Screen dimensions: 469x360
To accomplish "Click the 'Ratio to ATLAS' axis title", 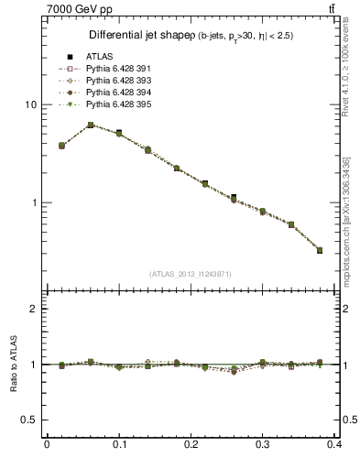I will tap(14, 364).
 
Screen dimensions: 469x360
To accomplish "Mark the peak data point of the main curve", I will tap(91, 125).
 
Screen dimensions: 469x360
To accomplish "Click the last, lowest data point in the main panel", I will tap(320, 250).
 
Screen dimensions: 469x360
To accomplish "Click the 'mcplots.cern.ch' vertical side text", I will tap(346, 224).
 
